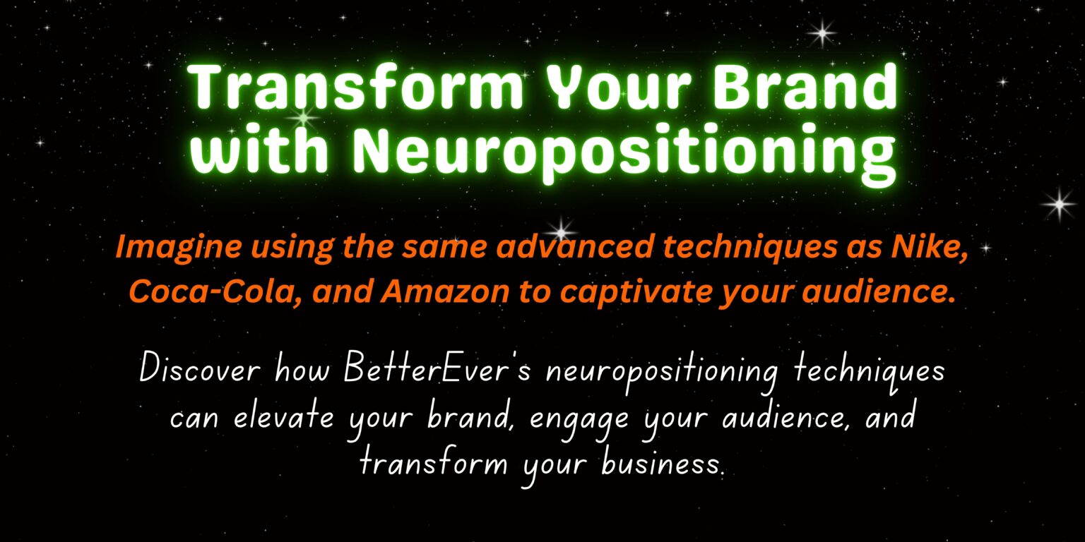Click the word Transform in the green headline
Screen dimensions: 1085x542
click(356, 86)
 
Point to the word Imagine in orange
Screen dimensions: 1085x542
click(178, 248)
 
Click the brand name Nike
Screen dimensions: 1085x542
click(929, 248)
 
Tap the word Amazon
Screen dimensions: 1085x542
click(444, 291)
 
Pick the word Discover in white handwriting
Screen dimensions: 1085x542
click(200, 369)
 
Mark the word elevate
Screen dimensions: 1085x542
click(284, 417)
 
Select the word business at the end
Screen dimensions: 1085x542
click(663, 464)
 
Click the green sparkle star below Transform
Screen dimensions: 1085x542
click(304, 118)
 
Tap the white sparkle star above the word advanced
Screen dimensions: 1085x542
click(562, 229)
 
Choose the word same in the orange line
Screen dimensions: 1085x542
click(444, 248)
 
